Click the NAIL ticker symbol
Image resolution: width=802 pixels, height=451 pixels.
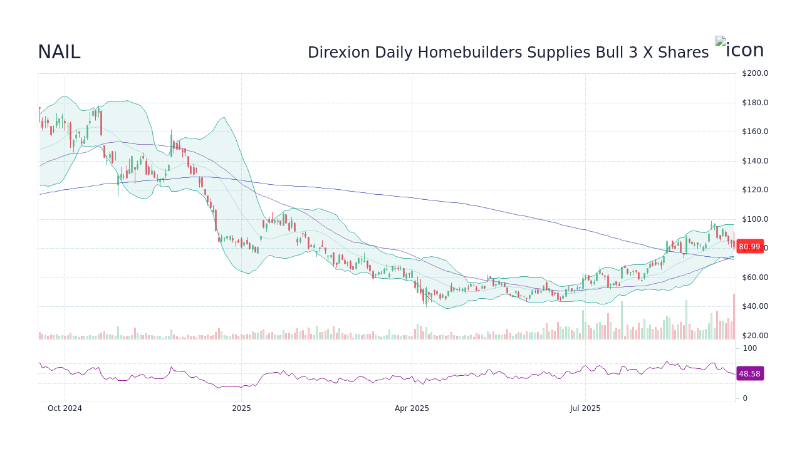pyautogui.click(x=59, y=53)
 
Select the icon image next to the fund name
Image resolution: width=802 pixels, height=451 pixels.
pyautogui.click(x=739, y=49)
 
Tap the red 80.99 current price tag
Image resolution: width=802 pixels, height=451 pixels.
pyautogui.click(x=749, y=247)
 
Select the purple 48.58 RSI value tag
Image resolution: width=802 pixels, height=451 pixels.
pyautogui.click(x=749, y=374)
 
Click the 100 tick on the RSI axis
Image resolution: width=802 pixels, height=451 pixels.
pyautogui.click(x=750, y=348)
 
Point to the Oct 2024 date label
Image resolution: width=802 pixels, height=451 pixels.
pyautogui.click(x=65, y=408)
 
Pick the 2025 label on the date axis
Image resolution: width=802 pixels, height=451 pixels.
pyautogui.click(x=241, y=408)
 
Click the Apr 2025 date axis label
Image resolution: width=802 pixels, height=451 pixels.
pyautogui.click(x=412, y=408)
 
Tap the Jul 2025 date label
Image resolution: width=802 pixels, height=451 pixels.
pyautogui.click(x=585, y=408)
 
